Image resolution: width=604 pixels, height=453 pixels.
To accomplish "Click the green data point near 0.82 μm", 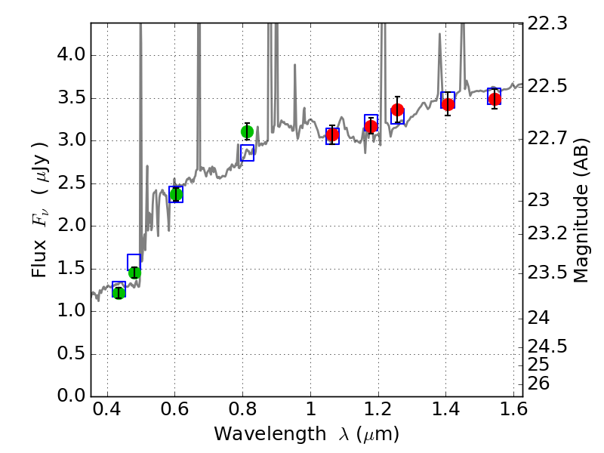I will (247, 131).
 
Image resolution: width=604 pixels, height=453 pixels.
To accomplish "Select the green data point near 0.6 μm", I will (176, 194).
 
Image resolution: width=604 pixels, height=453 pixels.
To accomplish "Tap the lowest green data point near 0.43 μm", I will (119, 293).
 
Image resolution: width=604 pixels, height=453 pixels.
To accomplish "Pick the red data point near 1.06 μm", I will (332, 134).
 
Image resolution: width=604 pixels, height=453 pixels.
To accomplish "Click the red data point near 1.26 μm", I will (398, 110).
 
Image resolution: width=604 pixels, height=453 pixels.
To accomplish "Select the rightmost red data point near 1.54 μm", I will (495, 99).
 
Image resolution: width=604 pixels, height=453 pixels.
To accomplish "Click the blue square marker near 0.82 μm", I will (247, 153).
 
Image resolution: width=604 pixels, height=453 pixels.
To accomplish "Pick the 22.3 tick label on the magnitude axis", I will (550, 23).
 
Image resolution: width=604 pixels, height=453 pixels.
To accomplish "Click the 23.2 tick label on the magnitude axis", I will (550, 233).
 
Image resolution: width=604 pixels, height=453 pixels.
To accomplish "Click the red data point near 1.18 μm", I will (371, 126).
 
